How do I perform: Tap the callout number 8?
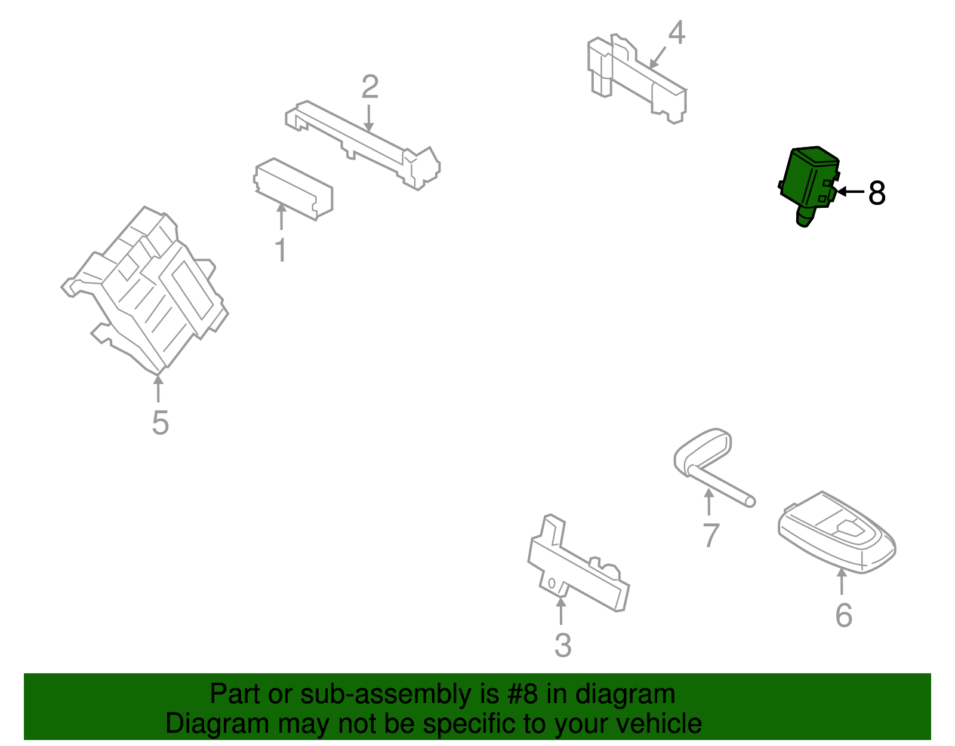[877, 192]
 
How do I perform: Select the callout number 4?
[676, 32]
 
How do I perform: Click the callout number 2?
[369, 87]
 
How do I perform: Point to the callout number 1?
[281, 250]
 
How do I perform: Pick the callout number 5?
[160, 422]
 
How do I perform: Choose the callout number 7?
[711, 535]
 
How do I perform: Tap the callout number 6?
[843, 615]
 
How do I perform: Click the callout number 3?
[563, 645]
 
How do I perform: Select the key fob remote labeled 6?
[836, 532]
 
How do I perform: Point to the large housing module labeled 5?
[144, 290]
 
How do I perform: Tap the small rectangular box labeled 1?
[293, 189]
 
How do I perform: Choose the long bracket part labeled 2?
[363, 145]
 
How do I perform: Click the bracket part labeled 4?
[637, 78]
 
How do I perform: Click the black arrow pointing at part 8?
[851, 192]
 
